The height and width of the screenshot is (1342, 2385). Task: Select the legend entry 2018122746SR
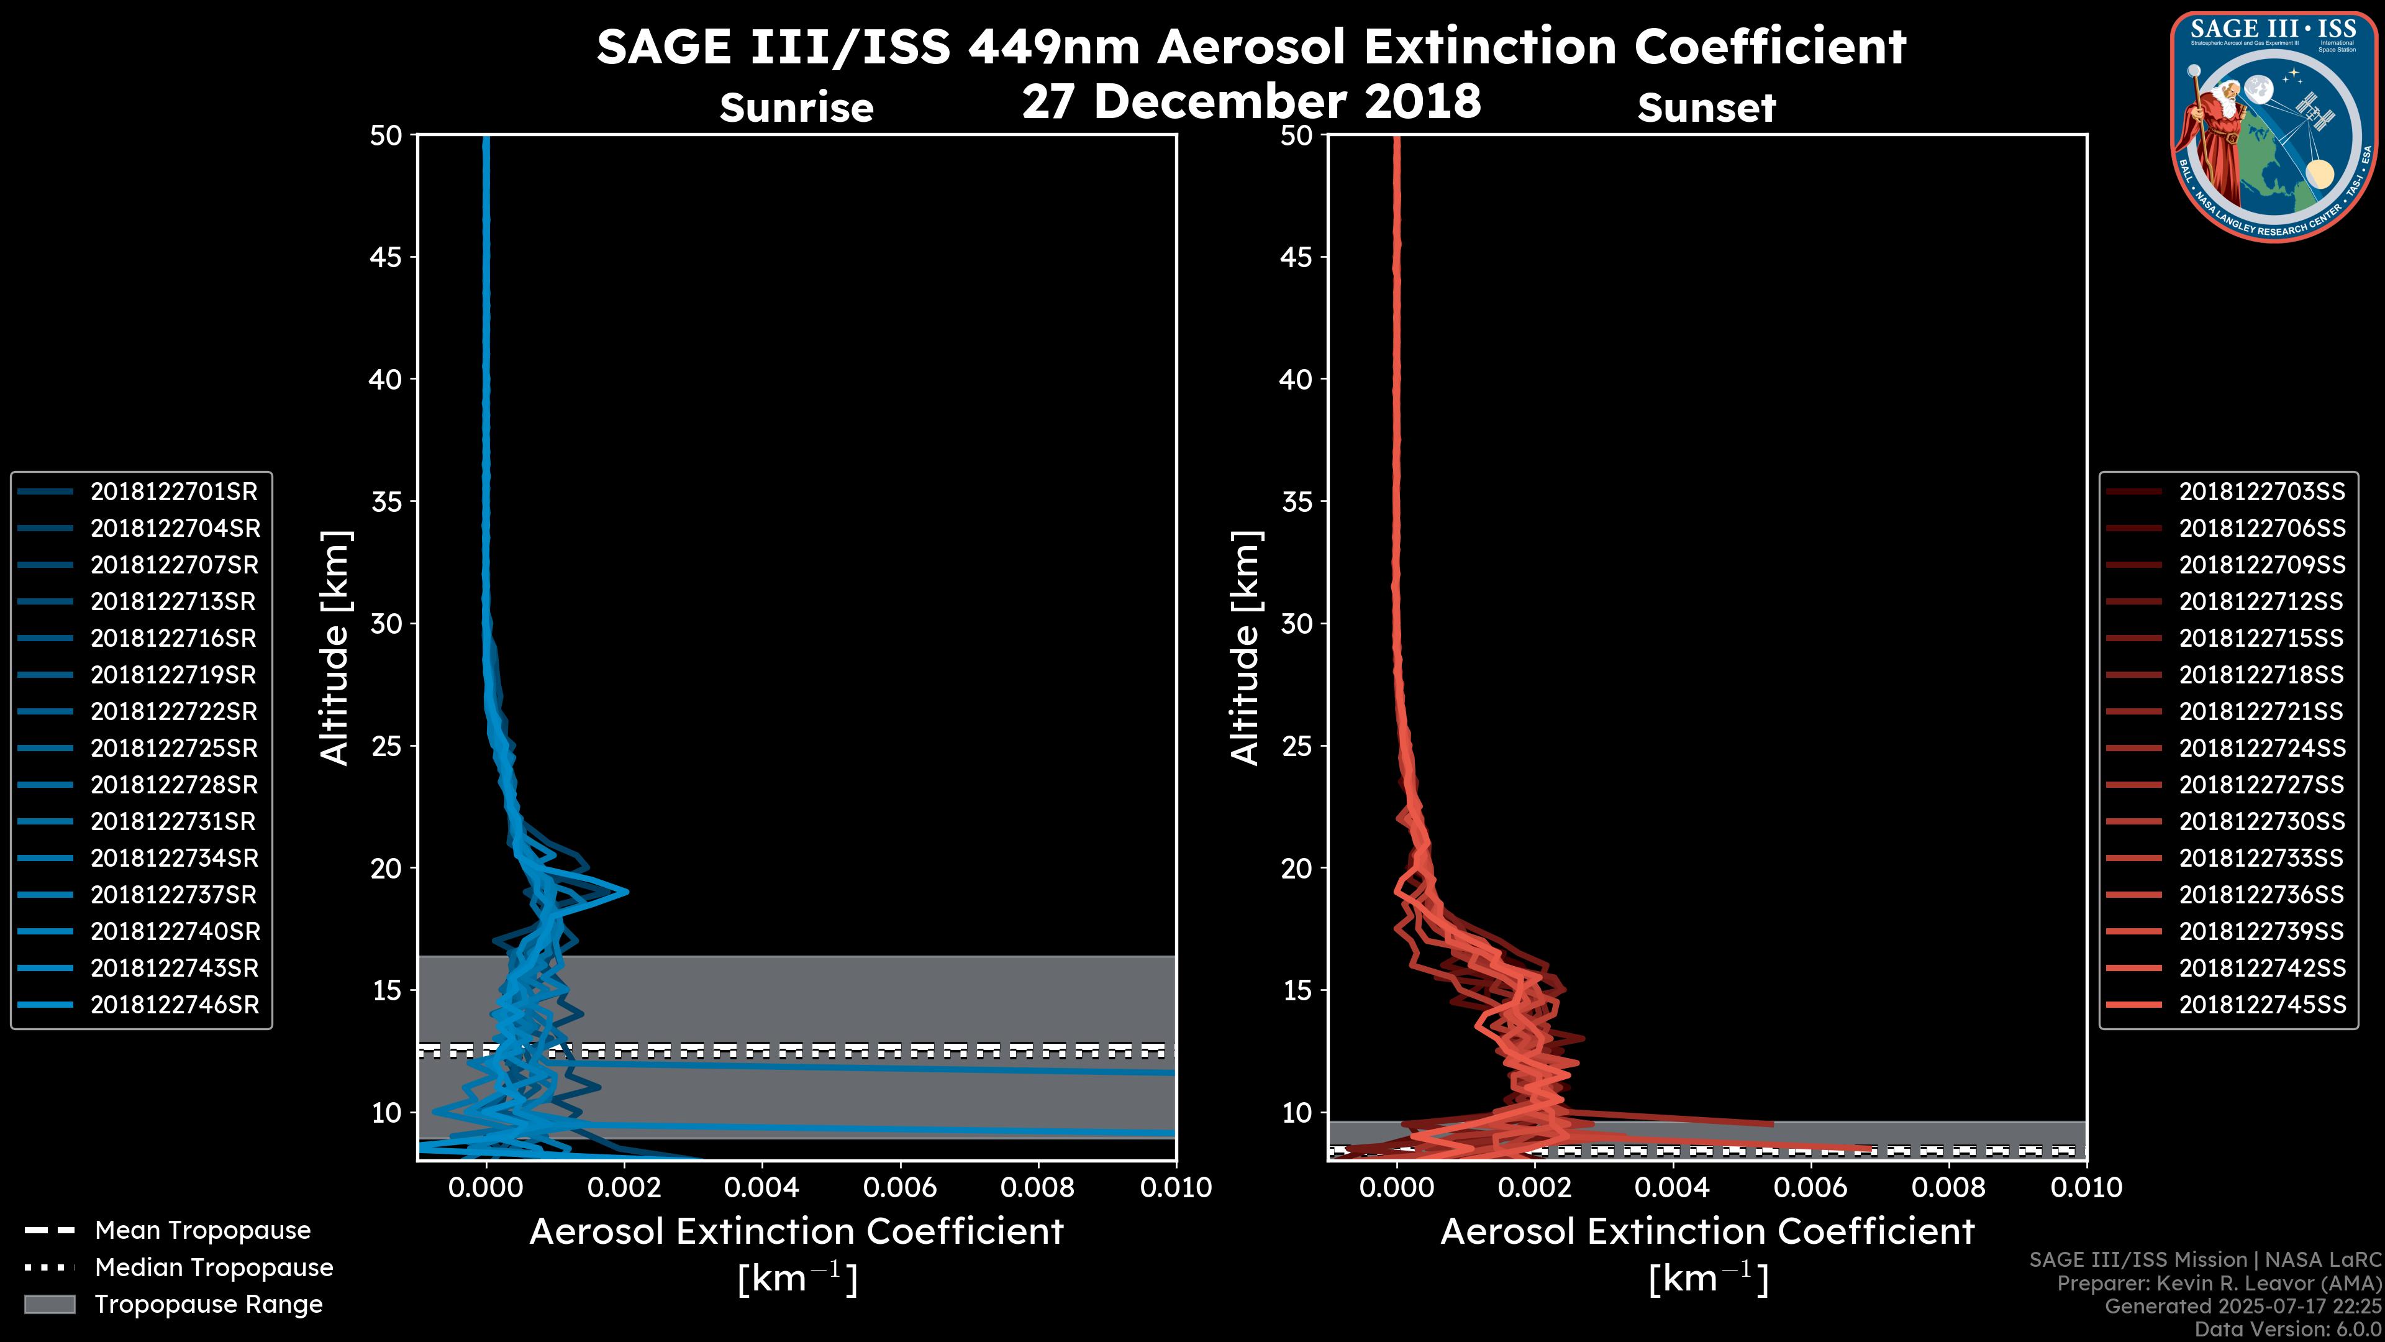pos(174,1005)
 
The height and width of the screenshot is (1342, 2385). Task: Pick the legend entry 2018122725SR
pos(174,748)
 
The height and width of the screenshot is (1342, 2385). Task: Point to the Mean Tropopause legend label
pos(202,1231)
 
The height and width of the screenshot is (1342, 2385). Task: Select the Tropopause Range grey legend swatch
pos(49,1304)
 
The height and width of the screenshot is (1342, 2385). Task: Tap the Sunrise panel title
pos(796,108)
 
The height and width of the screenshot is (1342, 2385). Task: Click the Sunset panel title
pos(1706,108)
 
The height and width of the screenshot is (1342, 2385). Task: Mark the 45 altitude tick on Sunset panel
pos(1296,257)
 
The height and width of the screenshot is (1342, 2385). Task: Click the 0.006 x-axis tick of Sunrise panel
pos(900,1187)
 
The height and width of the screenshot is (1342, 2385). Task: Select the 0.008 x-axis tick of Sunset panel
pos(1950,1187)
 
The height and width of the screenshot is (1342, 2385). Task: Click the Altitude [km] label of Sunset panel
pos(1246,648)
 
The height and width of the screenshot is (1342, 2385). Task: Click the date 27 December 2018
pos(1251,101)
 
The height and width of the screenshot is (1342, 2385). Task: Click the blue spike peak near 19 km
pos(627,892)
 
